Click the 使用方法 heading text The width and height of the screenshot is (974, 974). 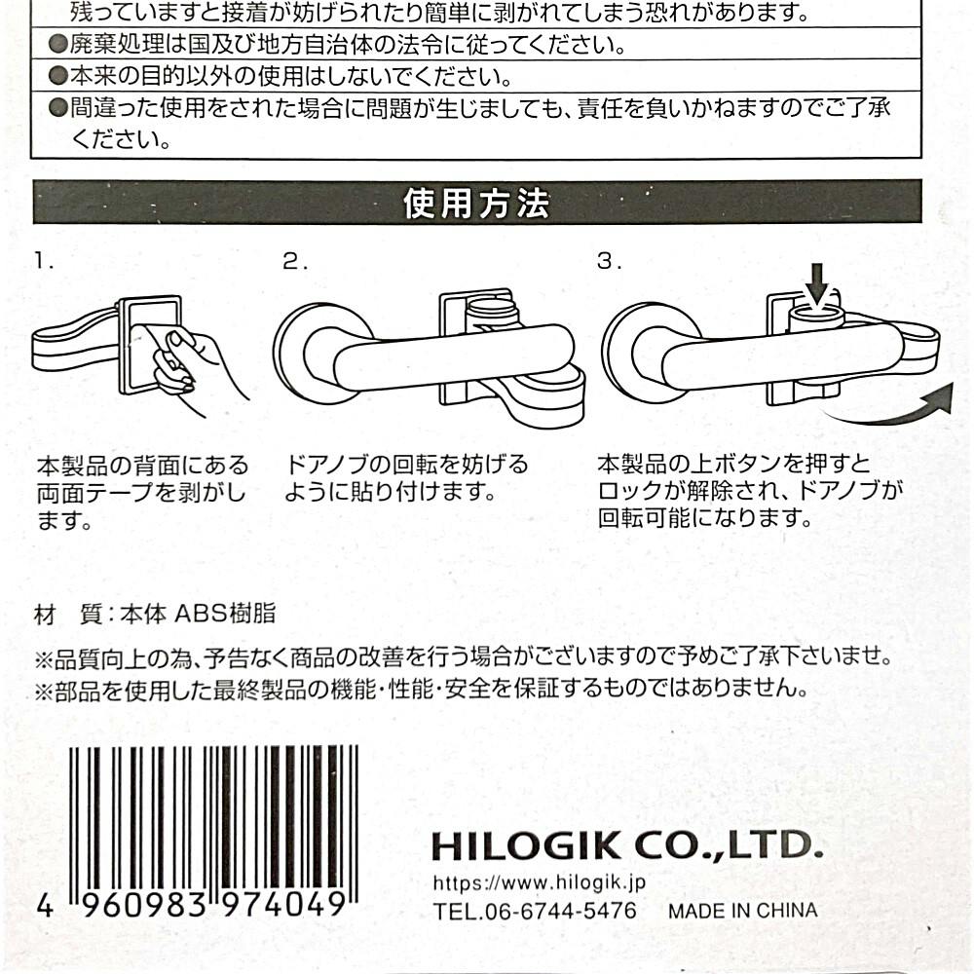(476, 204)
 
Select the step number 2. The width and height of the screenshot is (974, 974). (294, 261)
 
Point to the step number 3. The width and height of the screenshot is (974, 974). (609, 261)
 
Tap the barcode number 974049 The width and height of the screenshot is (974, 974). (283, 905)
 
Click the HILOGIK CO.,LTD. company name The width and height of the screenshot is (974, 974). (627, 845)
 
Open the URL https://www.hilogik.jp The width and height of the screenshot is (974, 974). (540, 882)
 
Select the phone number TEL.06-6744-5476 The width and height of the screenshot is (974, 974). (535, 911)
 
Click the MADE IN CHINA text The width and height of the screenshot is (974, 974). (743, 911)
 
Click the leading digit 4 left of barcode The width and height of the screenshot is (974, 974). (45, 905)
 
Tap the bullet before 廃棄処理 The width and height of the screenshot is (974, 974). (58, 44)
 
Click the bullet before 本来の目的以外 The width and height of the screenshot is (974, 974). (58, 76)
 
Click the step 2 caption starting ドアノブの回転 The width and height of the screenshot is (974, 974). (406, 478)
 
